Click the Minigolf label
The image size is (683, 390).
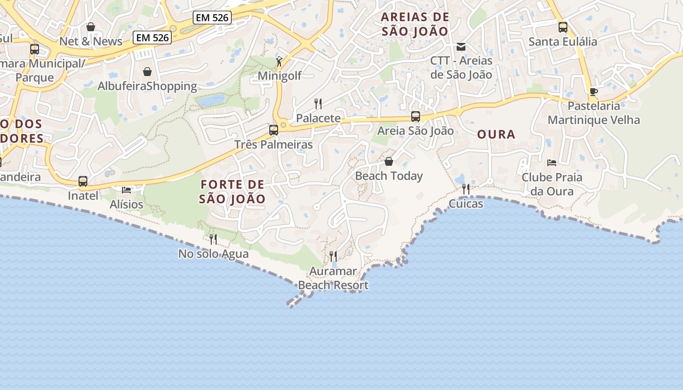(280, 76)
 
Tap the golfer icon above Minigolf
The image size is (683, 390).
(279, 61)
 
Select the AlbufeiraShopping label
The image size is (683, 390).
(147, 86)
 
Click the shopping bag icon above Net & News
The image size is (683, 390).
(90, 27)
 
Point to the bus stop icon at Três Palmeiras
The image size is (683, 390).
(273, 130)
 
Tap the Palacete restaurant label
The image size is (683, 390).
(318, 118)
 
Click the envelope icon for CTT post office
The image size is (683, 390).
(461, 47)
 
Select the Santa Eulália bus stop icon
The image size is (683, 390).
(562, 27)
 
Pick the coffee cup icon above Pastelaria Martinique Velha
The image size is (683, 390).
(593, 92)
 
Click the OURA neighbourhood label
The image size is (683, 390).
(496, 135)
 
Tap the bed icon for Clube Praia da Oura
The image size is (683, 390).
(552, 163)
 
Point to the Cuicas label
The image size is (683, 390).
(466, 204)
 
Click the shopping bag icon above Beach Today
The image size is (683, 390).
(389, 161)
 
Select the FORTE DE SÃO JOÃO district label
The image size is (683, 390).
(233, 192)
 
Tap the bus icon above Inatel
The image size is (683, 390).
(83, 182)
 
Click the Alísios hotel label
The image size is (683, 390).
(126, 204)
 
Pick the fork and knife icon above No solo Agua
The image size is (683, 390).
(213, 239)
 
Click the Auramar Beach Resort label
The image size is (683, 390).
(333, 278)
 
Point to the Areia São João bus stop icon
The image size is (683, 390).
(415, 117)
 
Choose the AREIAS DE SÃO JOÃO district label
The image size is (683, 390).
(415, 24)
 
